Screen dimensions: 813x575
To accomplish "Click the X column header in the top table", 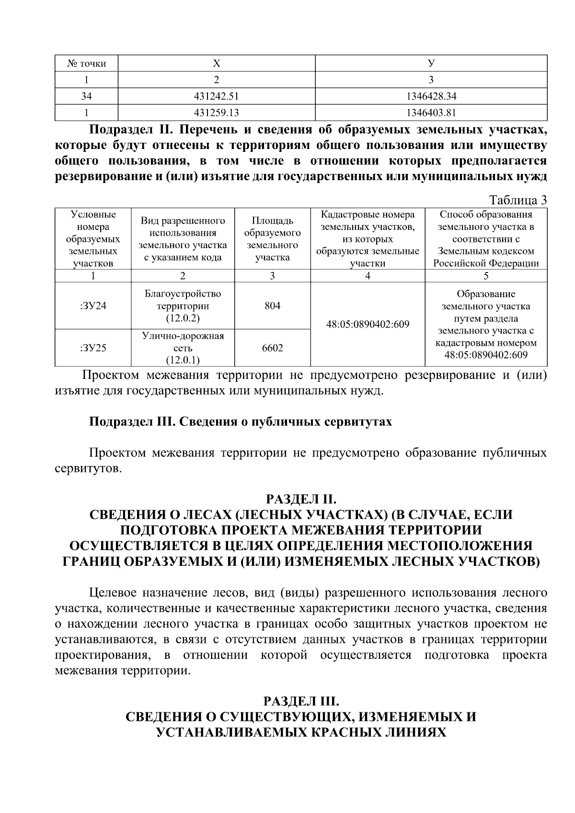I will tap(217, 63).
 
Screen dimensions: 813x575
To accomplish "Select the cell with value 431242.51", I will tap(217, 96).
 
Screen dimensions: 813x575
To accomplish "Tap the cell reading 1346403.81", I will tap(431, 113).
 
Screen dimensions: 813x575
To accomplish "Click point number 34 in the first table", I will tap(86, 96).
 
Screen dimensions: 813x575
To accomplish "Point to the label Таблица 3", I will tap(517, 200).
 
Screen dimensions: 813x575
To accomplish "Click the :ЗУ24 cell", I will tap(93, 306).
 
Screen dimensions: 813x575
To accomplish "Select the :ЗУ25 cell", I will tap(93, 348).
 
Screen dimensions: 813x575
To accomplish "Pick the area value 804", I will tap(272, 306).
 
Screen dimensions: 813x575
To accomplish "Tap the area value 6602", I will tap(272, 348).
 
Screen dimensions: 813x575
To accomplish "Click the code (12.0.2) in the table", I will tap(183, 318).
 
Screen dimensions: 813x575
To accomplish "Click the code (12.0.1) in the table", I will tap(183, 360).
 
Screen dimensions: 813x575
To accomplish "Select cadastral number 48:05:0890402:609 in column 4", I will tap(368, 324).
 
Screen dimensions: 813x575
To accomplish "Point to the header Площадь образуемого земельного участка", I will tap(272, 239).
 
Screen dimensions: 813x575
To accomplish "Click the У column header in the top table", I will tap(431, 63).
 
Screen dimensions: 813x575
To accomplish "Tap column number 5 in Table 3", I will tap(486, 276).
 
